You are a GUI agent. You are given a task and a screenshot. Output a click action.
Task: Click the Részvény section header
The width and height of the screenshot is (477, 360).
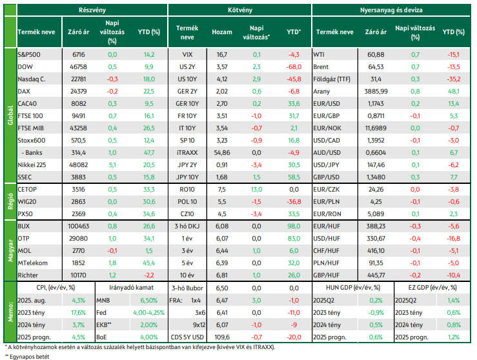(92, 10)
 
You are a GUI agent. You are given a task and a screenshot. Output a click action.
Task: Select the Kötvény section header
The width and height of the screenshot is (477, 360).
(240, 10)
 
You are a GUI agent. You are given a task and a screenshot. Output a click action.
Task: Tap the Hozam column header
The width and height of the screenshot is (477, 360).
(222, 32)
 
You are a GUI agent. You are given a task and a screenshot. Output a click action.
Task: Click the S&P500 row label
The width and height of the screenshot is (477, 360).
(29, 54)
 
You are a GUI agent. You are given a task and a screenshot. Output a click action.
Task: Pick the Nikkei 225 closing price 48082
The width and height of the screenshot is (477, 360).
(79, 165)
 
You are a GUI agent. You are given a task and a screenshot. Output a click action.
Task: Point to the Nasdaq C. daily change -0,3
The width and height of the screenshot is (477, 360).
(112, 79)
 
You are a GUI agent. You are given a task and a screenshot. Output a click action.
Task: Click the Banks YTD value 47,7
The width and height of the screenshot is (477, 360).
(149, 153)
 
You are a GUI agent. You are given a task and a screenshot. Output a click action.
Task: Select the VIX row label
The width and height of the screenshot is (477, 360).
(187, 54)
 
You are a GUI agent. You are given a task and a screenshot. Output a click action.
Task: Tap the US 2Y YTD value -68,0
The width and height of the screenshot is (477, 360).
(294, 67)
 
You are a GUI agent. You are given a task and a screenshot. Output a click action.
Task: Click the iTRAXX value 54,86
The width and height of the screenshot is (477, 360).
(222, 153)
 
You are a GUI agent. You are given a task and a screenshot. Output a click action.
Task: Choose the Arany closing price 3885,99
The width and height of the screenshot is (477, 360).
(376, 91)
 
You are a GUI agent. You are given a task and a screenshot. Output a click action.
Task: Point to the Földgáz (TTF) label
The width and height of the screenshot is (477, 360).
(332, 79)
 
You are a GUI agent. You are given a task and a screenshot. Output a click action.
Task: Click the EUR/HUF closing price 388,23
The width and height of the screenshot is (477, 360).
(376, 226)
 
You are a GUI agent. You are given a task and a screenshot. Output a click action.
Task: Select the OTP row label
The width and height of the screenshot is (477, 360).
(23, 238)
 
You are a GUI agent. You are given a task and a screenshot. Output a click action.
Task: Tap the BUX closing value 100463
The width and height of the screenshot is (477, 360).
(79, 226)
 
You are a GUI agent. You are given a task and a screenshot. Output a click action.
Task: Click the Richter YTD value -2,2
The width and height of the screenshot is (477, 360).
(149, 275)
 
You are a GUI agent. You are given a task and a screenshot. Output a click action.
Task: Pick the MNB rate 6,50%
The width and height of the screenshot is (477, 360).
(149, 301)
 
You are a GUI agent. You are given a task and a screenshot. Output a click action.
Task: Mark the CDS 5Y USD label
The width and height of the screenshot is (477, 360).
(187, 337)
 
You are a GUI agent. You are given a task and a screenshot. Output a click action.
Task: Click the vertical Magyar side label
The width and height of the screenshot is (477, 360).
(10, 250)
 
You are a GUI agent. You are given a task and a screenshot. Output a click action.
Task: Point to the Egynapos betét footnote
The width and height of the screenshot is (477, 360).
(27, 357)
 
